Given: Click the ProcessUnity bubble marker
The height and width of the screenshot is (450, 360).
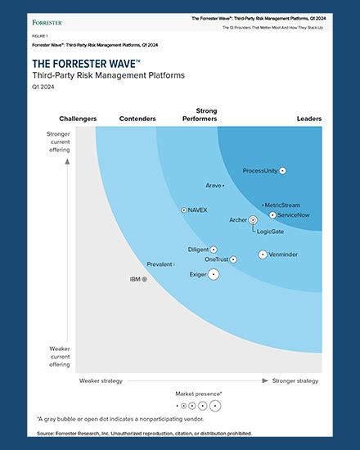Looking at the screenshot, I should tap(282, 170).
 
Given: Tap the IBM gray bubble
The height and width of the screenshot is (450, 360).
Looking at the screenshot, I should tap(145, 279).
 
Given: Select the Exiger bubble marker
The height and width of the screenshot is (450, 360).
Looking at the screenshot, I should tap(214, 274).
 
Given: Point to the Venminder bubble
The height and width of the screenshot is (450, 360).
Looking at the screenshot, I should tap(263, 254).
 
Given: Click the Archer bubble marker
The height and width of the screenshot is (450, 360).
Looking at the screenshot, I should tap(253, 219).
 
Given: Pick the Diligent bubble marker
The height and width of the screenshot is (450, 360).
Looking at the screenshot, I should tap(214, 249).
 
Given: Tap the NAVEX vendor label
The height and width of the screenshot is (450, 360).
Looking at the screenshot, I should tap(197, 210).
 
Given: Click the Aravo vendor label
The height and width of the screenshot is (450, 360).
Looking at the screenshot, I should tap(213, 186).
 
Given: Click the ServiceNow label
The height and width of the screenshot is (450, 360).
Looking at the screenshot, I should tap(293, 214).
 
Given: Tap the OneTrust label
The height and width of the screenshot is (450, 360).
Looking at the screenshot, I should tap(216, 259).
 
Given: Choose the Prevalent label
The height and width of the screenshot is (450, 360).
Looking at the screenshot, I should tap(160, 264).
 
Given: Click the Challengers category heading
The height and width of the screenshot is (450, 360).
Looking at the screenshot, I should tap(79, 119).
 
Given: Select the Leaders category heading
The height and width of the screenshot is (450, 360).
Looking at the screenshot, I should tap(308, 119).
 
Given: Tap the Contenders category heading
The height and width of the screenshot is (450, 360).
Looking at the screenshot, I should tap(137, 119).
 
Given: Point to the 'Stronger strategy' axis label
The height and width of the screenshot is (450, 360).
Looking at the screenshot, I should tap(295, 380).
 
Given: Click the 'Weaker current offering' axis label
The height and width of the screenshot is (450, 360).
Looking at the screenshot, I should tap(59, 355).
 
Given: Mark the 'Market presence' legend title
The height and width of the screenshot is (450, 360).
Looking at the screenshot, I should tap(198, 394).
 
